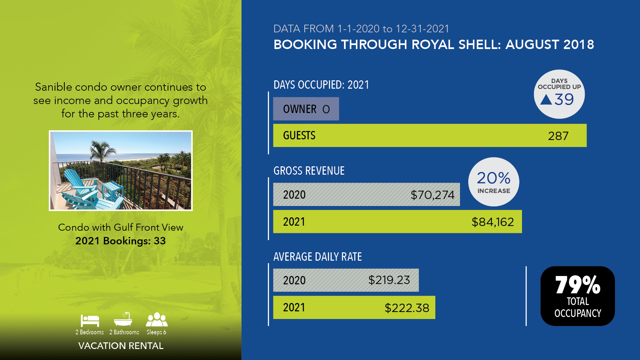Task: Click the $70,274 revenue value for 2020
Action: coord(432,195)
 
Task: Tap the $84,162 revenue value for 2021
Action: coord(493,222)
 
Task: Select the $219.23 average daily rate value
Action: coord(389,280)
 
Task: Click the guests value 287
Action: coord(558,136)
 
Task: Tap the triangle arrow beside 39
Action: coord(546,99)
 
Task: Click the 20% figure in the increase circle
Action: coord(494,178)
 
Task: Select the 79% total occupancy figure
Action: coord(578,285)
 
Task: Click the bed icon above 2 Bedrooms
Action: coord(90,321)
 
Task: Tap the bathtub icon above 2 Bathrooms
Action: coord(123,319)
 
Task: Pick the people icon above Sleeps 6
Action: coord(157,320)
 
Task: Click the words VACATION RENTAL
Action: coord(121,346)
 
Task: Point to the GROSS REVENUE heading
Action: coord(309,171)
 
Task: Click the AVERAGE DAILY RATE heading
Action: coord(318,257)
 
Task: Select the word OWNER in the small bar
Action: coord(300,109)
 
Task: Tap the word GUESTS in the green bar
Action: coord(299,135)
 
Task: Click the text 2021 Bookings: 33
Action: coord(121,241)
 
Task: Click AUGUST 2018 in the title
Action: coord(550,45)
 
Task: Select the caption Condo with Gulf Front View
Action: coord(121,227)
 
